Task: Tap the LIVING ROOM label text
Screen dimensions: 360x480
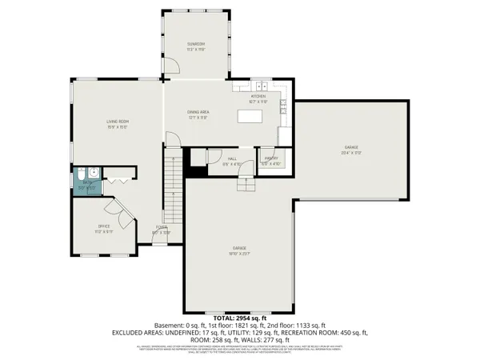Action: pos(118,122)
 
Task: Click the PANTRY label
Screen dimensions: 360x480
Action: pos(271,158)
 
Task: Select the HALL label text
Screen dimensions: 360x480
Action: pos(232,158)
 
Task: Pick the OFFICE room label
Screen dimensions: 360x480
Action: pos(104,226)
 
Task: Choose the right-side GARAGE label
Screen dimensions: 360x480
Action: pos(351,148)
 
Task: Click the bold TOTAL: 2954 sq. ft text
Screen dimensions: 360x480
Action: pos(240,318)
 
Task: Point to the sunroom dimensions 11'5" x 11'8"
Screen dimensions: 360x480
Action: pos(196,50)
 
